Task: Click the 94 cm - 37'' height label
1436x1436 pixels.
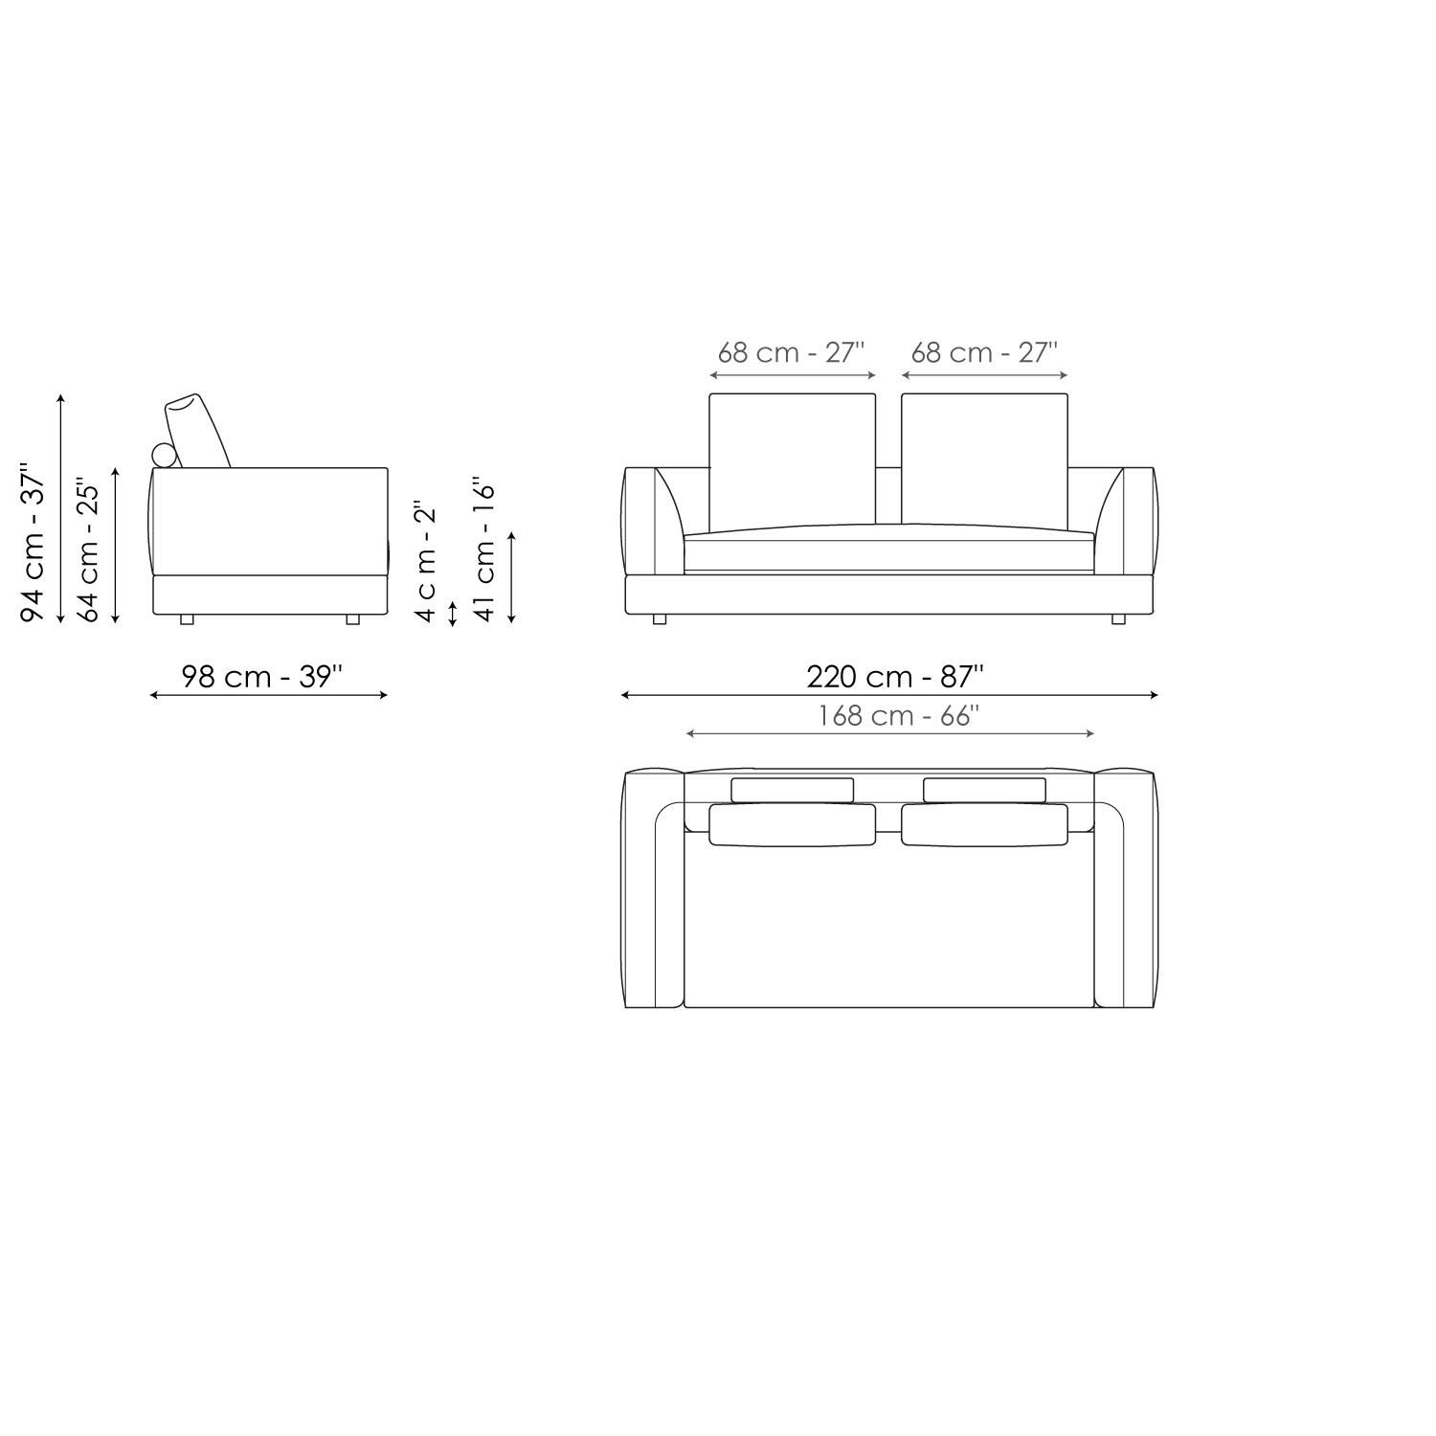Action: (33, 544)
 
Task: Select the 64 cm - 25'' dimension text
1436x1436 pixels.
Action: (89, 550)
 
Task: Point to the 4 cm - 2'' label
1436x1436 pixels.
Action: (426, 560)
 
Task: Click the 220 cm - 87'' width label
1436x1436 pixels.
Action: (894, 677)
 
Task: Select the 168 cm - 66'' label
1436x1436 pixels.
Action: (898, 716)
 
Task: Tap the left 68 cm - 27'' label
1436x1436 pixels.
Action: (791, 352)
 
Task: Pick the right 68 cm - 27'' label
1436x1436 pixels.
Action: (983, 352)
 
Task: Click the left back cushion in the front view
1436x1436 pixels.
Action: (792, 460)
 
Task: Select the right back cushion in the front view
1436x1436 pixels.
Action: (984, 460)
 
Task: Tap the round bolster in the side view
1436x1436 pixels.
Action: (165, 457)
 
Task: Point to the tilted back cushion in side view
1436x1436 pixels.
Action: (198, 430)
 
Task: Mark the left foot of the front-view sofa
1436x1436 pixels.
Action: (659, 619)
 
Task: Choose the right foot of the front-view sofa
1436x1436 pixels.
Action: (1118, 619)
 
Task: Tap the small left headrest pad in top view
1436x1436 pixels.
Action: (792, 790)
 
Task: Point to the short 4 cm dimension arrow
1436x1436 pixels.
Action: (453, 613)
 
